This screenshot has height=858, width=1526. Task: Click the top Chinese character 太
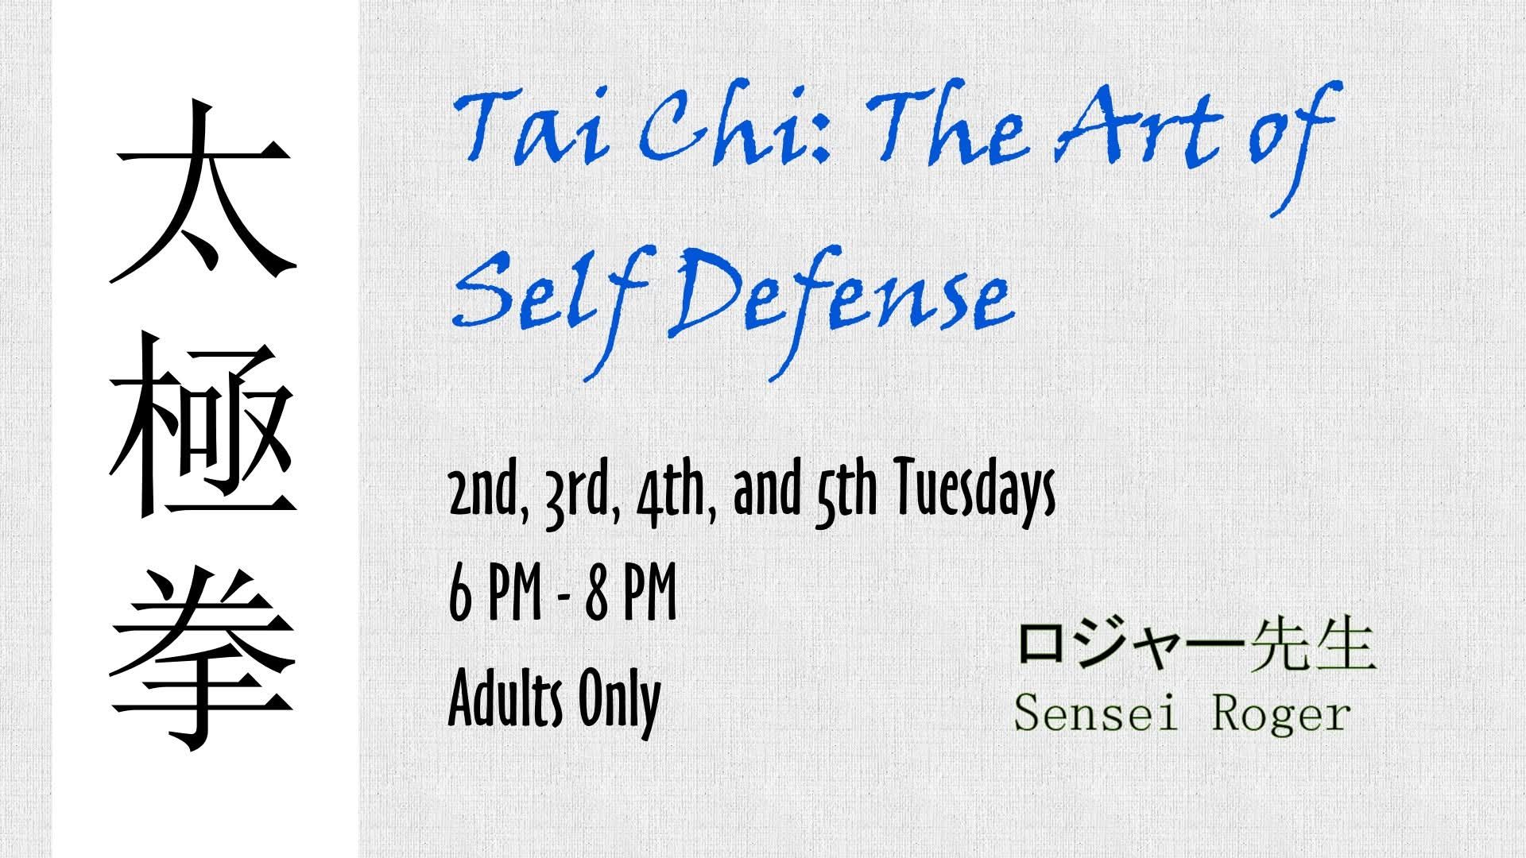[x=203, y=194]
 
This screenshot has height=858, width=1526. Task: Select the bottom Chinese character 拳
[x=203, y=659]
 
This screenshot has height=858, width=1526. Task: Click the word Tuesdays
[x=976, y=493]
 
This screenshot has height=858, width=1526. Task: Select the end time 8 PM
[x=631, y=595]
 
